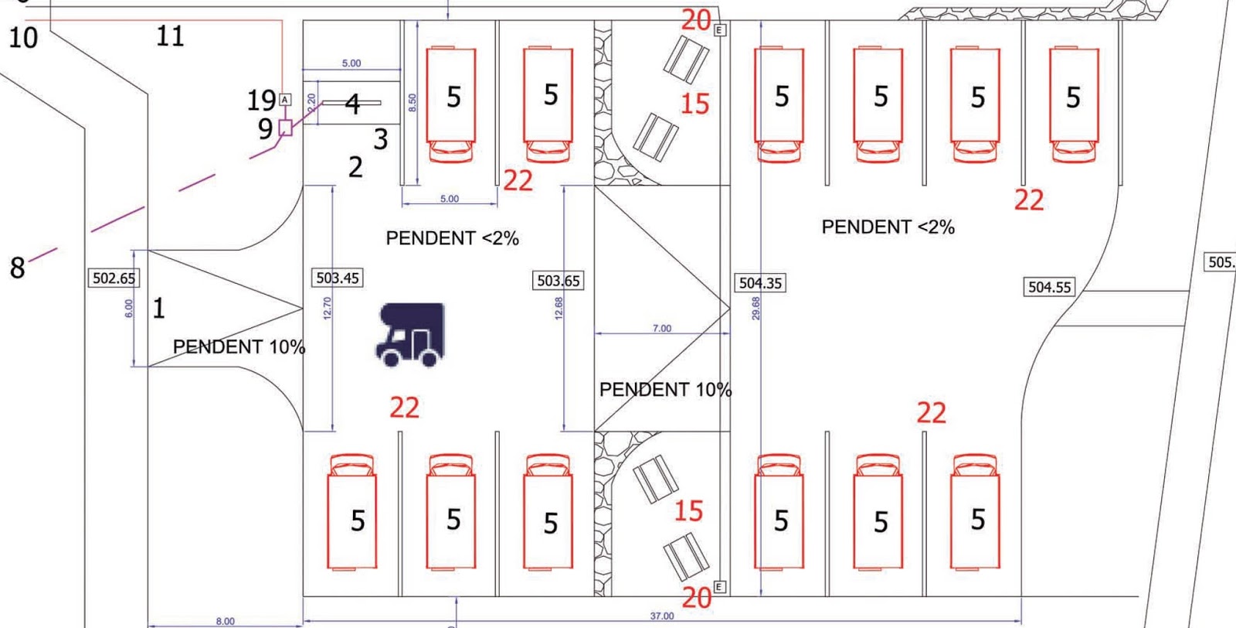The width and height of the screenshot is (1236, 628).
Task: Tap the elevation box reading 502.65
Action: click(x=114, y=278)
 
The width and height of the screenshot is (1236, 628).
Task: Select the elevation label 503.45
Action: click(x=338, y=278)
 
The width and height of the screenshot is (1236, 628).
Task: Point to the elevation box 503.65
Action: click(x=558, y=281)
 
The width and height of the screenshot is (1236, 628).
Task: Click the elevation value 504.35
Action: click(x=760, y=283)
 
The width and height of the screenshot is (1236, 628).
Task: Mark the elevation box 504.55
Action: click(x=1049, y=287)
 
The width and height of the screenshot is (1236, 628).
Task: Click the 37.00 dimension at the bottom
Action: click(x=661, y=616)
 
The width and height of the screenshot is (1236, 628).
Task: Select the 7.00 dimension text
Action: click(x=662, y=328)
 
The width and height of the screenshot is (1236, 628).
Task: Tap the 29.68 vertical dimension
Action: click(x=756, y=308)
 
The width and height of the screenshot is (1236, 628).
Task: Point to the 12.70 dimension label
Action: click(x=327, y=308)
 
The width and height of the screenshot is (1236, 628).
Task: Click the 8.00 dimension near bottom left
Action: click(x=225, y=621)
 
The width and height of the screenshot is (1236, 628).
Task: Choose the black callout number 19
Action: click(x=261, y=101)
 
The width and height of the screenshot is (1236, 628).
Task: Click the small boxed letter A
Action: click(x=285, y=100)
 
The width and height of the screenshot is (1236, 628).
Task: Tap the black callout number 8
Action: click(x=17, y=268)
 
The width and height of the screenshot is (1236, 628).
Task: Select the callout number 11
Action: click(x=170, y=36)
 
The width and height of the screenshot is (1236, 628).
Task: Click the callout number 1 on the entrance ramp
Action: click(x=158, y=309)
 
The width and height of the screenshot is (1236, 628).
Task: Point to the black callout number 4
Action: click(x=352, y=104)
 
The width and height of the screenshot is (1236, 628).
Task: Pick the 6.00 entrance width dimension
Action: click(x=129, y=308)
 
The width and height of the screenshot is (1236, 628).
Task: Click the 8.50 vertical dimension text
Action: click(x=412, y=102)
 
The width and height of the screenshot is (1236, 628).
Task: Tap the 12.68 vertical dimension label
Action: click(x=559, y=308)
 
